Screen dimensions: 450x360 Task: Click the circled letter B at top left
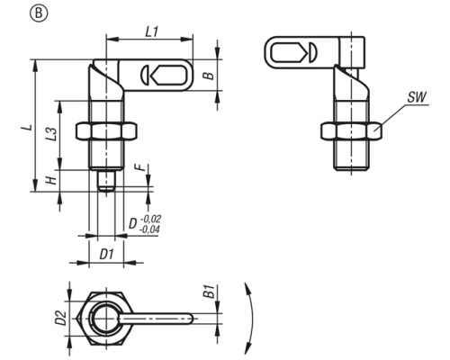tap(39, 14)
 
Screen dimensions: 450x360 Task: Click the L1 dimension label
tap(152, 32)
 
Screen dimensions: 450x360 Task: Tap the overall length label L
tap(28, 127)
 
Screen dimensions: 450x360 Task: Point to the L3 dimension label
tap(51, 134)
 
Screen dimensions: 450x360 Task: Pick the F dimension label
tap(143, 167)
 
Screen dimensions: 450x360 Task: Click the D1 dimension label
tap(106, 255)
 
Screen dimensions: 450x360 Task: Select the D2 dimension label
tap(61, 319)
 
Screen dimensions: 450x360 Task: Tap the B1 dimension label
tap(210, 292)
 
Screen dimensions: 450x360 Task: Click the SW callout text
tap(417, 97)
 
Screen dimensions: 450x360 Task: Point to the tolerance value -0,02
tap(150, 219)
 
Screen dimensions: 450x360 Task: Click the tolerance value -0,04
tap(149, 229)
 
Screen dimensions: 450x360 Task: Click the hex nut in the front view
tap(107, 131)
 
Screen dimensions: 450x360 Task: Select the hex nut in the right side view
tap(351, 131)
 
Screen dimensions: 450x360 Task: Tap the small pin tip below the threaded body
tap(106, 181)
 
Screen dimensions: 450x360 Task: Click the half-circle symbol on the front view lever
tap(144, 75)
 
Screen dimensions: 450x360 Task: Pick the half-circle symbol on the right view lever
tap(311, 53)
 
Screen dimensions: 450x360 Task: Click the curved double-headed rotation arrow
tap(249, 318)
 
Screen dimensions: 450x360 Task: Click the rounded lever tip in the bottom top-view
tap(189, 319)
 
